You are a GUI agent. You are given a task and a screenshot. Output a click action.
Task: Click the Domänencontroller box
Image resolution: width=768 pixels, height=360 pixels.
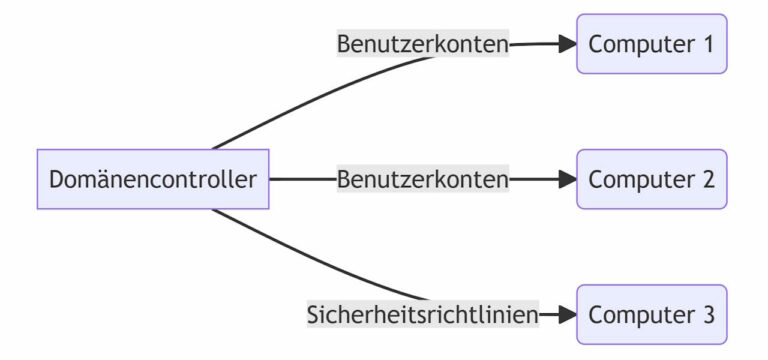tap(153, 180)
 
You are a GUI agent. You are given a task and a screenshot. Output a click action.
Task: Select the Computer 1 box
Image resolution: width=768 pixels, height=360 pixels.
tap(651, 44)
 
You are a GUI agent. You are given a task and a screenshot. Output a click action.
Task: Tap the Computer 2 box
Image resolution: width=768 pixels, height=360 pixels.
tap(651, 180)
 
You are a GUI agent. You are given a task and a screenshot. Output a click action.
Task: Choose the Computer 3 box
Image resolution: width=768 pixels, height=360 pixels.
tap(651, 315)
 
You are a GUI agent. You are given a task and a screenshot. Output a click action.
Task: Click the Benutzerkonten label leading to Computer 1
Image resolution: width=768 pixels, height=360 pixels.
tap(423, 44)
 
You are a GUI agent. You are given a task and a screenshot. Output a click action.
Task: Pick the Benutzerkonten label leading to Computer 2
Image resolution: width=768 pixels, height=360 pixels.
tap(423, 180)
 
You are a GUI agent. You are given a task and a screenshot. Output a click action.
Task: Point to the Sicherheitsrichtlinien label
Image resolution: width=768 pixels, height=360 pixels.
tap(423, 315)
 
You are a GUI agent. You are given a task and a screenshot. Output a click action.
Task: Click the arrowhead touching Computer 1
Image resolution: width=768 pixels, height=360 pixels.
tap(568, 44)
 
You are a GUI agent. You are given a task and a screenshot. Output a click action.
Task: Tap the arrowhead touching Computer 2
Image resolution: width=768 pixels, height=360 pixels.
tap(568, 180)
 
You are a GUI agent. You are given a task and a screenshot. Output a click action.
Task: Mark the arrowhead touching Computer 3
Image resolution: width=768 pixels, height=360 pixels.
tap(568, 315)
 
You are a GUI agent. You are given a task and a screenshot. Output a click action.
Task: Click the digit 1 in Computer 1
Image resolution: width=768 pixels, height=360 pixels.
tap(707, 44)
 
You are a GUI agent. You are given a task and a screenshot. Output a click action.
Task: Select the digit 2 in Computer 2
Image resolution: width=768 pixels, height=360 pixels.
tap(707, 180)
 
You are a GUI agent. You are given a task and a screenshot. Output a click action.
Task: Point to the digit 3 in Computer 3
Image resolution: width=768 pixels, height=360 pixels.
tap(707, 315)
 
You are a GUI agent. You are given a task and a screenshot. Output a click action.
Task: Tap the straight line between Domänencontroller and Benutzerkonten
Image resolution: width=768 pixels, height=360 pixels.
tap(302, 180)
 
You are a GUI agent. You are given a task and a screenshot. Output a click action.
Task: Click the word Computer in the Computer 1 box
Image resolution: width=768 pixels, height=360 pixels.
tap(637, 44)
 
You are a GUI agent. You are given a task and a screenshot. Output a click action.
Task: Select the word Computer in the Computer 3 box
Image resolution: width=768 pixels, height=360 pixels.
tap(637, 315)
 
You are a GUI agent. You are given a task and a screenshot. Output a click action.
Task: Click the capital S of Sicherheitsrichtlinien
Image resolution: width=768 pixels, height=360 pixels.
tap(313, 315)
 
